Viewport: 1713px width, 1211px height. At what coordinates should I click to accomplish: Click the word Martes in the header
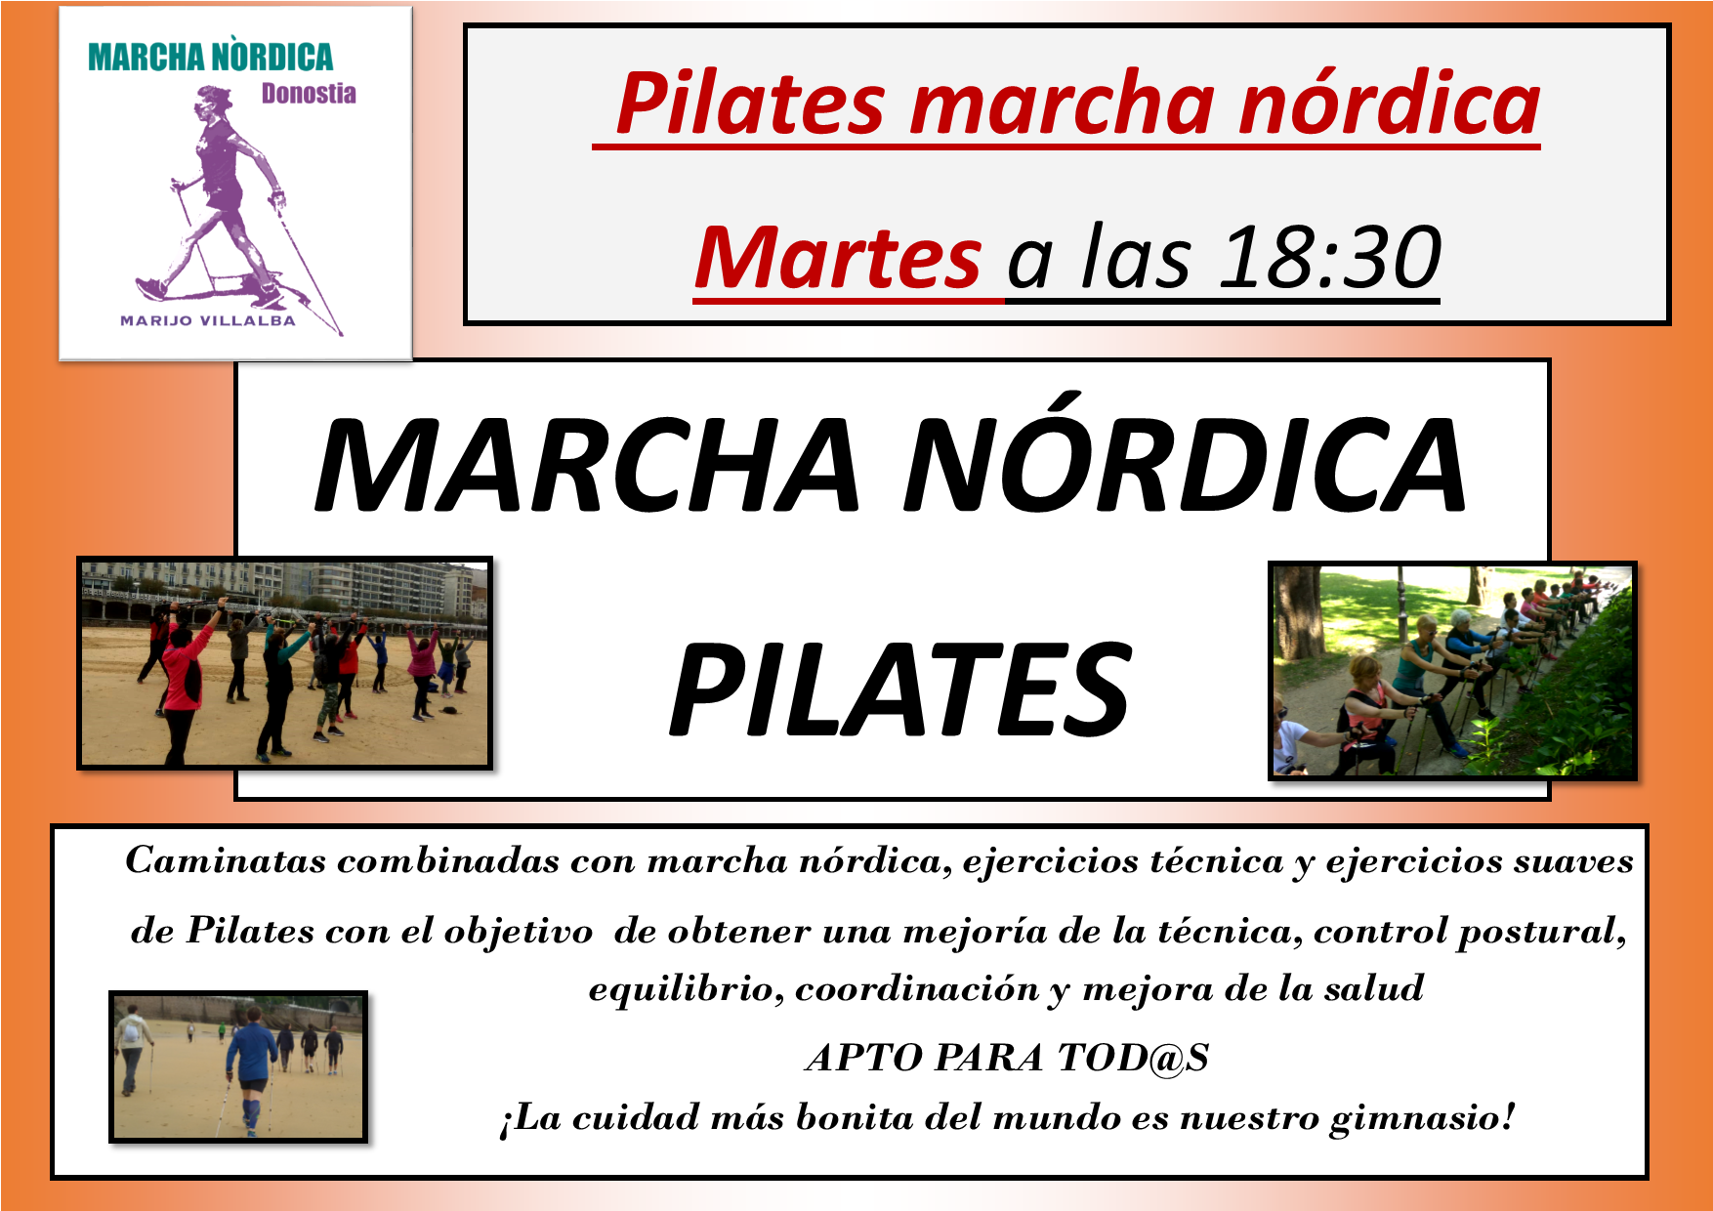(x=838, y=258)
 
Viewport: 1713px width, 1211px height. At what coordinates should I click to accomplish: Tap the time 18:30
(x=1330, y=258)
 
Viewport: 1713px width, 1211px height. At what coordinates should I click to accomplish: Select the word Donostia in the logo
(x=309, y=94)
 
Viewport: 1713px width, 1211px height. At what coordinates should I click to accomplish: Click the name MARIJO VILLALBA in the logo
(x=207, y=320)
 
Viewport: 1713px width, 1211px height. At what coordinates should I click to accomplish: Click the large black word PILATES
(x=900, y=690)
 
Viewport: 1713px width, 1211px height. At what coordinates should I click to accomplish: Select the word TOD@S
(x=1134, y=1058)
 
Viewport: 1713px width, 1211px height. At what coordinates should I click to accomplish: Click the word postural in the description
(x=1541, y=932)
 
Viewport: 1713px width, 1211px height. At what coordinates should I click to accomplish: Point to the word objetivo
(x=518, y=932)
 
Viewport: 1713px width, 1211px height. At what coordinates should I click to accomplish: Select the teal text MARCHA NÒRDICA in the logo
(x=210, y=57)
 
